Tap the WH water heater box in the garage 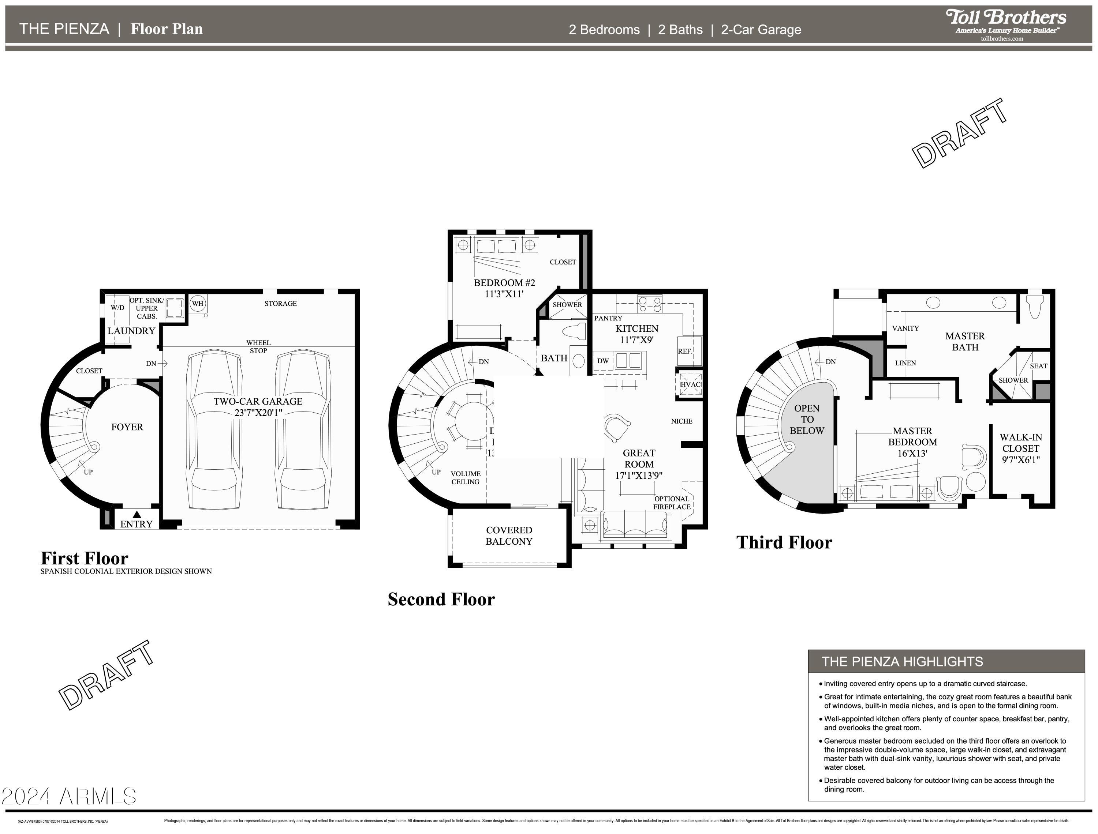coord(198,303)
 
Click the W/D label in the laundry coord(118,308)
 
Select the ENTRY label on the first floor coord(136,524)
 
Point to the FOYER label coord(127,427)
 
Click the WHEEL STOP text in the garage coord(258,346)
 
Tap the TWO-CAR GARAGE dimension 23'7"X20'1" coord(258,413)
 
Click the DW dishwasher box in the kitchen coord(603,361)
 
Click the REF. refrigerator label coord(685,351)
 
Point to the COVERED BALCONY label coord(509,536)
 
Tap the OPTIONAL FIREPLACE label coord(672,503)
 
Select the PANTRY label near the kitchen coord(608,318)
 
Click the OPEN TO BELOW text coord(807,420)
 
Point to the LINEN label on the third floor coord(905,363)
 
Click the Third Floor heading coord(784,542)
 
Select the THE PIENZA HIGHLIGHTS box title coord(902,662)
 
